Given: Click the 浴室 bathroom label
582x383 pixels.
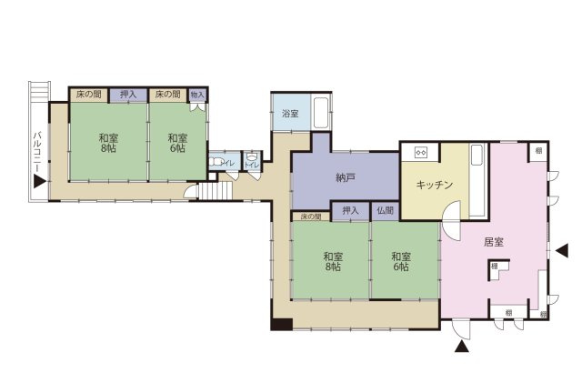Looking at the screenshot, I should coord(289,115).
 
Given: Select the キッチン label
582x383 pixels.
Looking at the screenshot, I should coord(435,185).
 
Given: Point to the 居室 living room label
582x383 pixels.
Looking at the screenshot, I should coord(494,241).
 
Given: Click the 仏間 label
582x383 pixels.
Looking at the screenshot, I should coord(385,211).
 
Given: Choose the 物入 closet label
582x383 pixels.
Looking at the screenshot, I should coord(197,94).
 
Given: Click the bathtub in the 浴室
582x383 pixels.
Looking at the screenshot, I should coord(321,115).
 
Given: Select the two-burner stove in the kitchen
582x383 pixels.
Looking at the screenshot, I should coord(421,152).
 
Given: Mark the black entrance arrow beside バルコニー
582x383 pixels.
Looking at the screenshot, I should coord(38,181).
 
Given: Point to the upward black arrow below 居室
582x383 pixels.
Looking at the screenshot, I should coord(463,345).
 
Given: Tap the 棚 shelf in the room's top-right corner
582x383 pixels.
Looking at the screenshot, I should coord(538,150).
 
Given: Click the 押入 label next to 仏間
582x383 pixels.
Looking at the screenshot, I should coord(350,211).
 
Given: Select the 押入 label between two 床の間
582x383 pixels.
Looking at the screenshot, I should coord(128,94).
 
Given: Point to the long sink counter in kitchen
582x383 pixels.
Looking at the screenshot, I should coord(477,182).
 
